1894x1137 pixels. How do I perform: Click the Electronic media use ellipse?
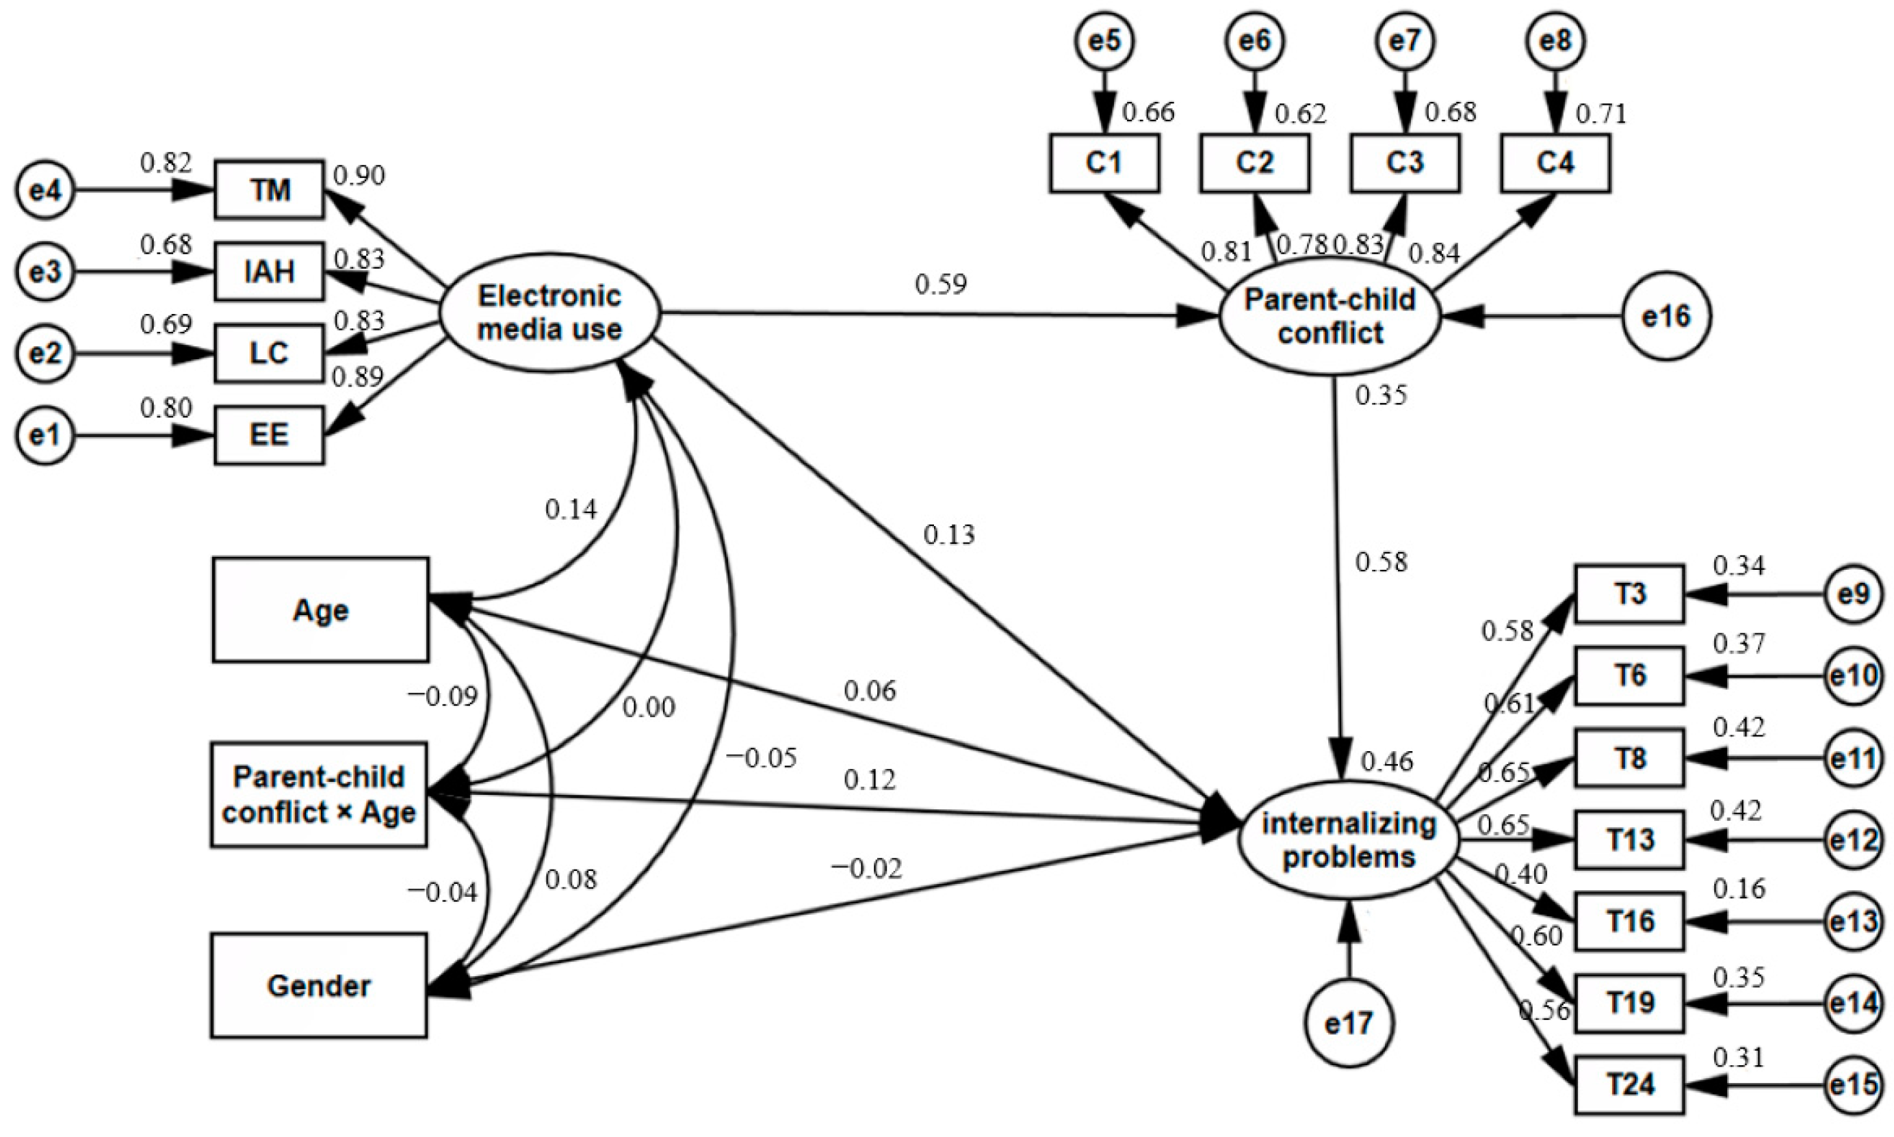(x=549, y=313)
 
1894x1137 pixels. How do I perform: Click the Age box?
(x=320, y=610)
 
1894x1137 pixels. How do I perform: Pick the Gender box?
(x=319, y=985)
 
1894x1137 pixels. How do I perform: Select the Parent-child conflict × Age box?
(x=319, y=794)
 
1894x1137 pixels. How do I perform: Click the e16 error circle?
(x=1666, y=315)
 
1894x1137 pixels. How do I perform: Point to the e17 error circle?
(x=1349, y=1023)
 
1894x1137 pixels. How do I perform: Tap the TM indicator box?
(x=269, y=189)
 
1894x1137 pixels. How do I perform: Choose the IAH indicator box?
(x=269, y=271)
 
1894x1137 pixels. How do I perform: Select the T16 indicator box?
(x=1629, y=921)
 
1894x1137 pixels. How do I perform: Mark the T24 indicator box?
(x=1629, y=1084)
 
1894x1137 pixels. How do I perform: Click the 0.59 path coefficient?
(x=941, y=285)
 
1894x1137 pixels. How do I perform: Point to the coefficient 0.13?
(x=948, y=535)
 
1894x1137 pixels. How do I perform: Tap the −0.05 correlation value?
(x=761, y=758)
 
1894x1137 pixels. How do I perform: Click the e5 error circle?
(x=1104, y=40)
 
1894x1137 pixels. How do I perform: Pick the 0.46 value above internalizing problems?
(x=1387, y=761)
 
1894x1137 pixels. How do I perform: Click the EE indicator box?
(x=269, y=435)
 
